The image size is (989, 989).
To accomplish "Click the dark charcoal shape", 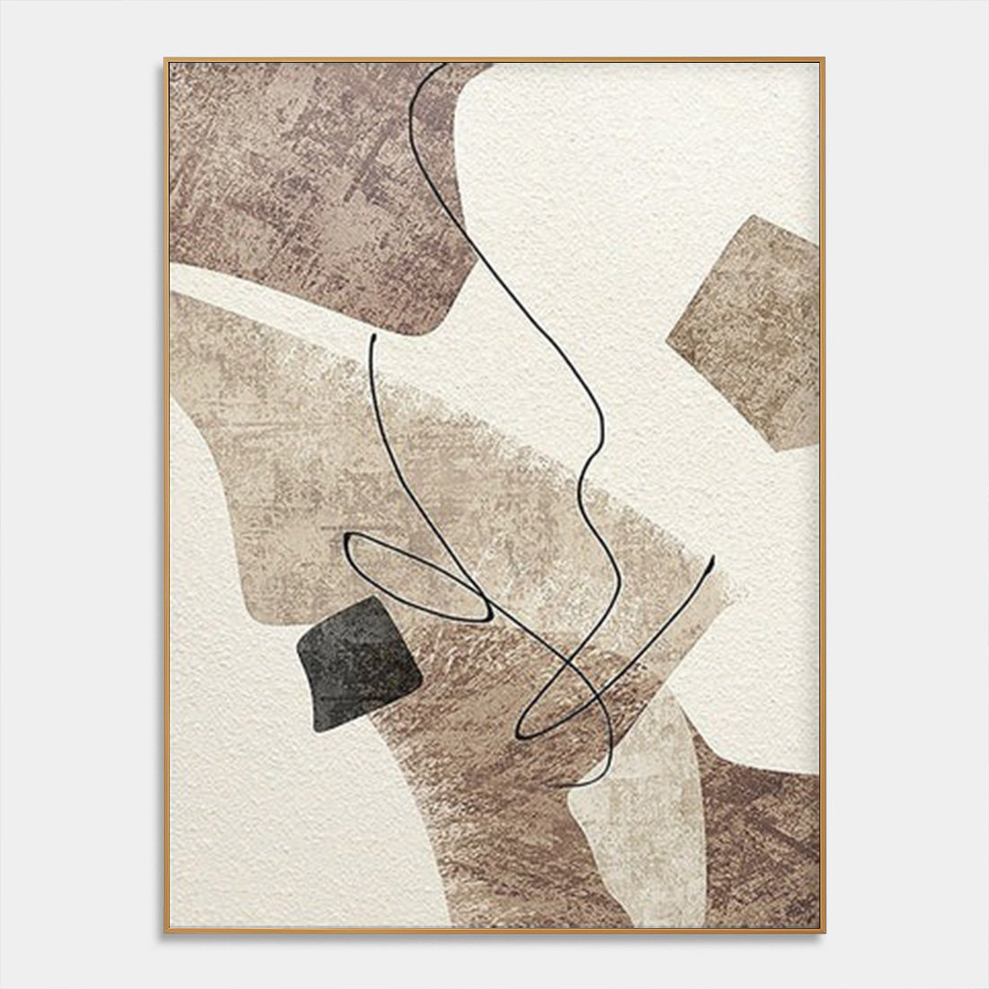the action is [x=357, y=661].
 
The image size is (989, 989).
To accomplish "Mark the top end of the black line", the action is [x=443, y=66].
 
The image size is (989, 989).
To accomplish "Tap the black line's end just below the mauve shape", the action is [x=371, y=337].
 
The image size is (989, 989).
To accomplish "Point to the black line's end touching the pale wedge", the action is [x=571, y=786].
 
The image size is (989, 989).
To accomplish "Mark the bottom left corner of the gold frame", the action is [x=166, y=930].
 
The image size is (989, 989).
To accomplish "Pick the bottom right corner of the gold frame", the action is [x=822, y=930].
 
